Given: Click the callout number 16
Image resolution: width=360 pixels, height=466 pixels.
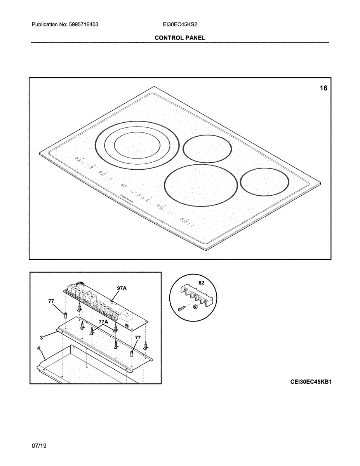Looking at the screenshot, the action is coord(323,88).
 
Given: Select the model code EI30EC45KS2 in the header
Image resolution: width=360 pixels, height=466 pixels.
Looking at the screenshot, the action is coord(181,24).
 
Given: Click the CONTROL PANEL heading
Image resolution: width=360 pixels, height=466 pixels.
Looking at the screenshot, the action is coord(180,38).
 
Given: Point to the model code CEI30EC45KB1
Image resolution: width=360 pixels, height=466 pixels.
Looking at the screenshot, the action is coord(311,382).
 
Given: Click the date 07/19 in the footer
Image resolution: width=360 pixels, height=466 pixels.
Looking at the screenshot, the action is coord(39,446).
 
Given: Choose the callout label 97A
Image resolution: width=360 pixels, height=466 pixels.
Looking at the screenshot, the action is coord(122,288).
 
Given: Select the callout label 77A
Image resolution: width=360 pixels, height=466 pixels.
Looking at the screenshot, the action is coord(103,322).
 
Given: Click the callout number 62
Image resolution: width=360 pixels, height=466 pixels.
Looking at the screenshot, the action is coord(201,283).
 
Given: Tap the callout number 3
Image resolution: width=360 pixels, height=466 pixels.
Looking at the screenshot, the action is coord(42,337).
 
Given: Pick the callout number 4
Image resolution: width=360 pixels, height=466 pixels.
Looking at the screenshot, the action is coord(38,348).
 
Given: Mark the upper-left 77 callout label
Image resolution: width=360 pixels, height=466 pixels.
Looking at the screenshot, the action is coord(51,301).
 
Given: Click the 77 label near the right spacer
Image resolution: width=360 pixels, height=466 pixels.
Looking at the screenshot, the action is coord(137,338).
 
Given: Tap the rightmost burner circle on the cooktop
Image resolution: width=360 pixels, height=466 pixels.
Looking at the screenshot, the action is coord(264,181).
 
